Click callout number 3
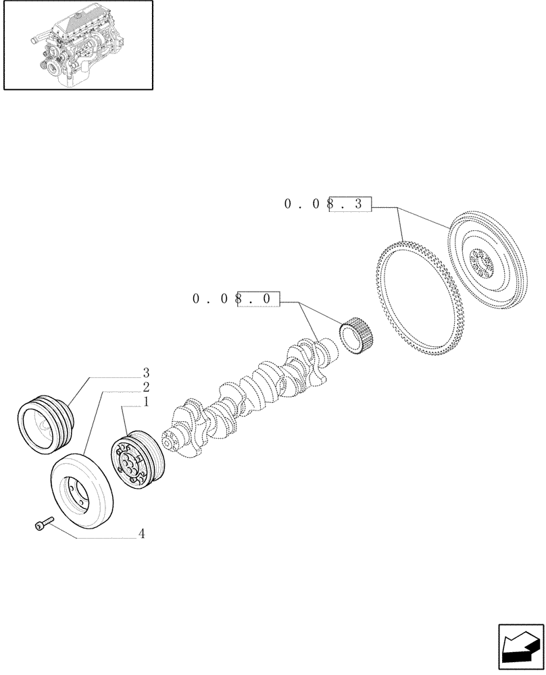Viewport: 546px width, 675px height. [145, 373]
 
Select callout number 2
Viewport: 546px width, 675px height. [145, 387]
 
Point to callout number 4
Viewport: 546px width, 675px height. [141, 534]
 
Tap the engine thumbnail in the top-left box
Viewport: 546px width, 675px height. [77, 45]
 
